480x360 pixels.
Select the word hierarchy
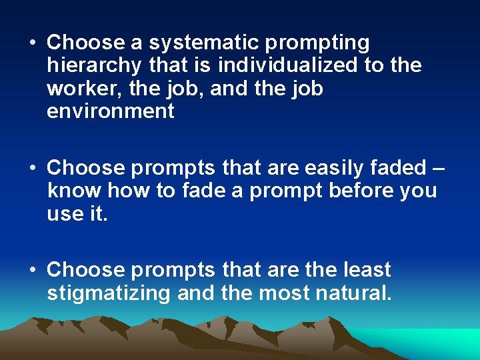click(94, 66)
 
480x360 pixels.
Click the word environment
click(110, 111)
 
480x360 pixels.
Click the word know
click(75, 190)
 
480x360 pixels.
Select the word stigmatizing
click(109, 293)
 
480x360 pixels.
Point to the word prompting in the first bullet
click(318, 43)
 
